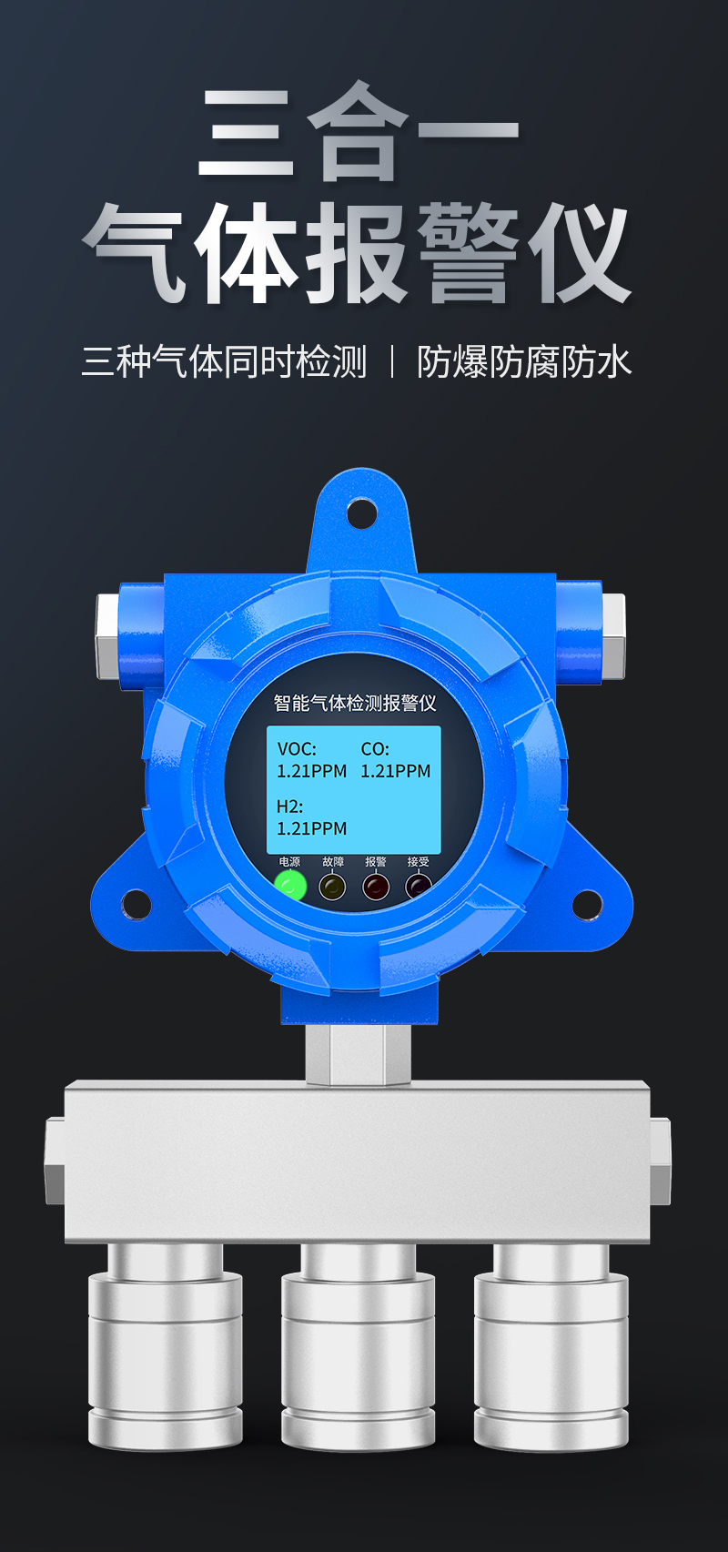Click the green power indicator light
pos(290,887)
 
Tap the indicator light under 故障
pos(332,887)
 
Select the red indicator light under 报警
pos(376,887)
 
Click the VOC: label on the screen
pos(297,749)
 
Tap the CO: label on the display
pos(375,749)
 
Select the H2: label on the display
pos(289,806)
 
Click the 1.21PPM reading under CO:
pos(396,771)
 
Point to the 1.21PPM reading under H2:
pos(312,828)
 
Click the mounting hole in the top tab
pos(361,513)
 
